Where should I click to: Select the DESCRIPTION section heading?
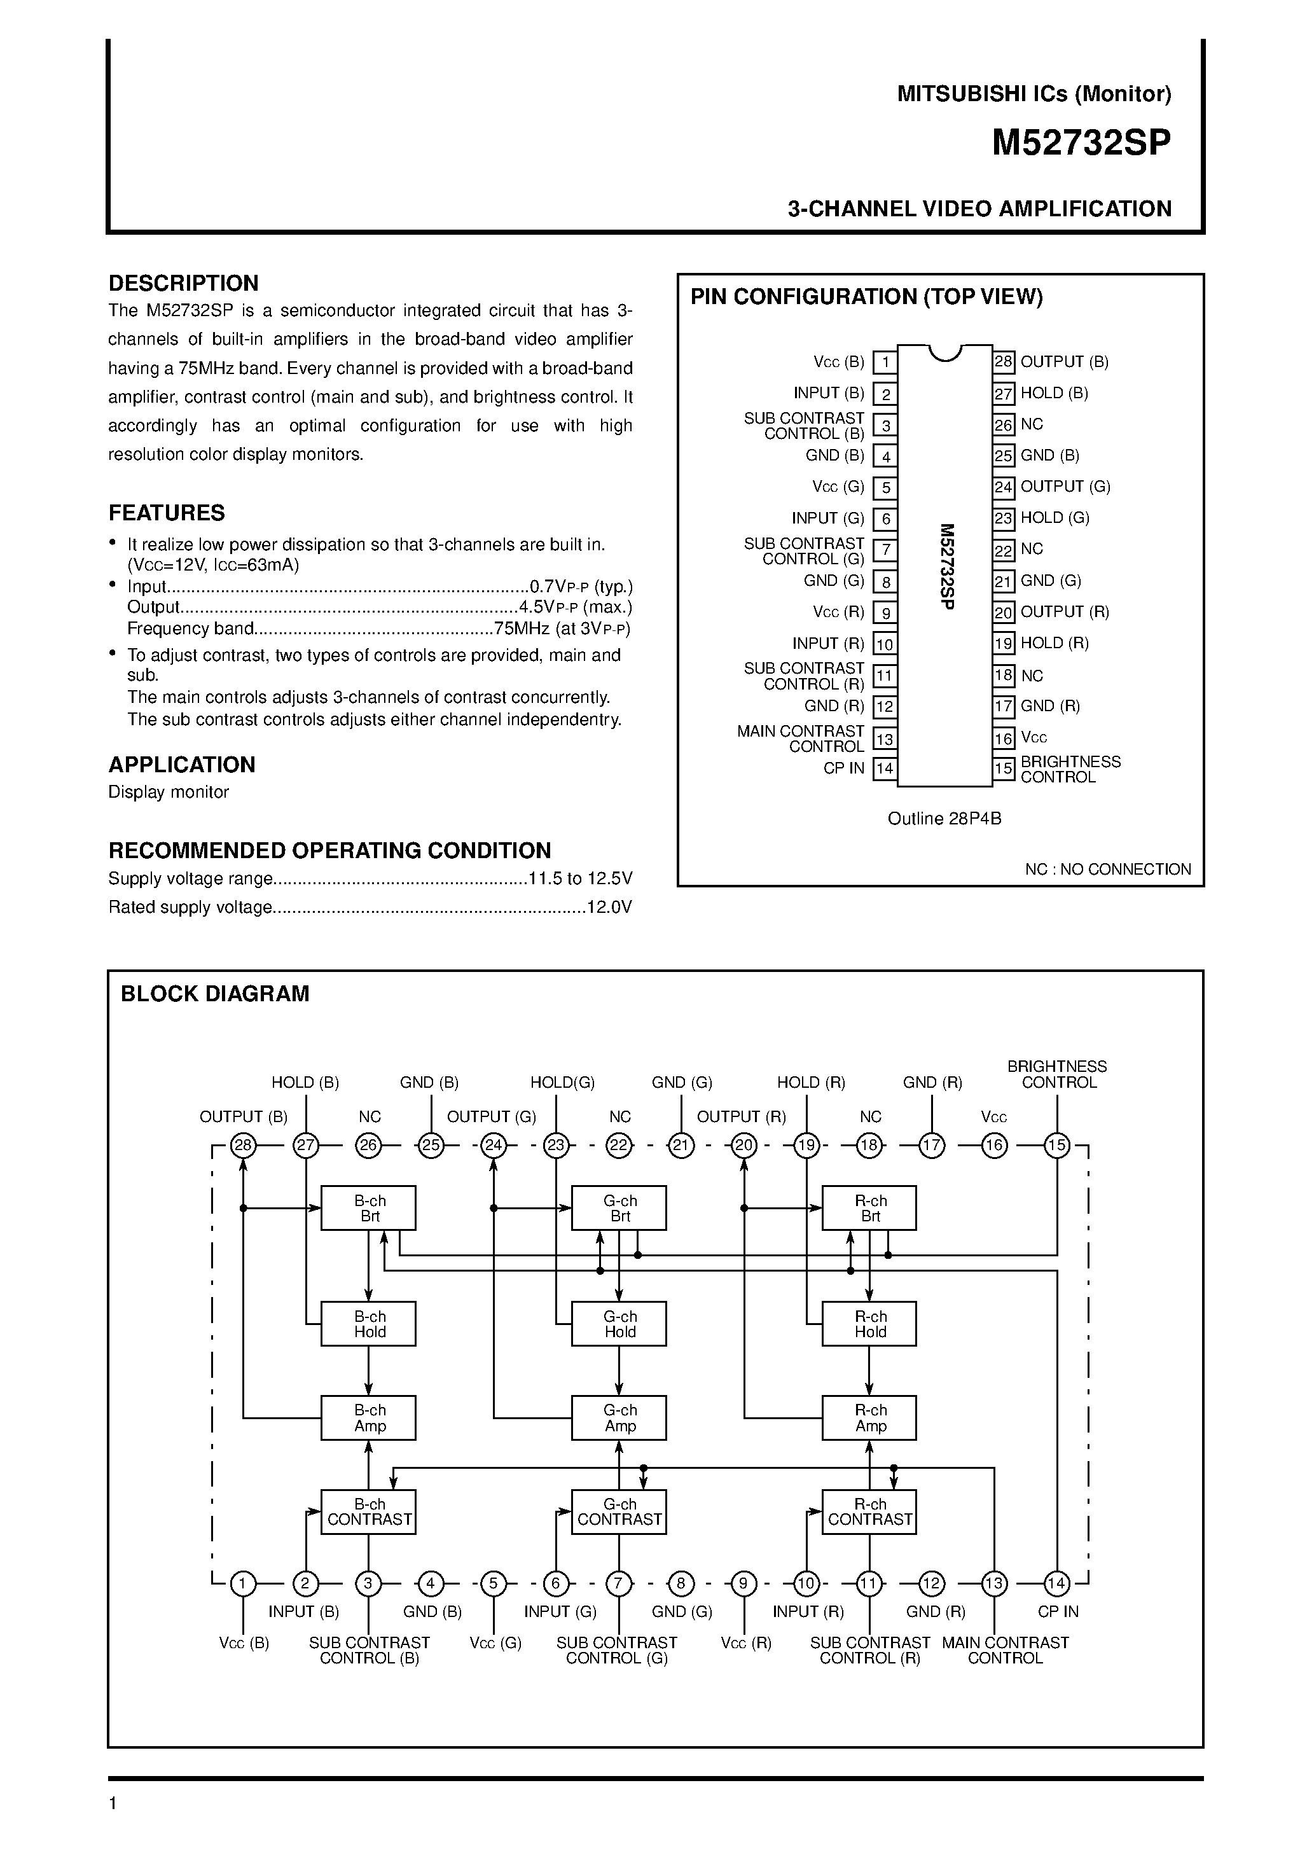click(x=183, y=284)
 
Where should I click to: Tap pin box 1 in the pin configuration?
click(x=885, y=362)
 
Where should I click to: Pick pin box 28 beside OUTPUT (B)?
click(x=1004, y=362)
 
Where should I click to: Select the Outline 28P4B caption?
click(x=944, y=819)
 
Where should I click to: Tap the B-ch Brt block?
click(x=369, y=1209)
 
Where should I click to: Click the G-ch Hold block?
click(x=619, y=1324)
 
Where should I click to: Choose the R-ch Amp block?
click(x=869, y=1418)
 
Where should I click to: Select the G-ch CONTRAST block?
click(x=619, y=1511)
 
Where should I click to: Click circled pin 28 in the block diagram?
click(x=243, y=1146)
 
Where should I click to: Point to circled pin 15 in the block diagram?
click(x=1057, y=1146)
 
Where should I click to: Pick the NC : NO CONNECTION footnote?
click(x=1107, y=869)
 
